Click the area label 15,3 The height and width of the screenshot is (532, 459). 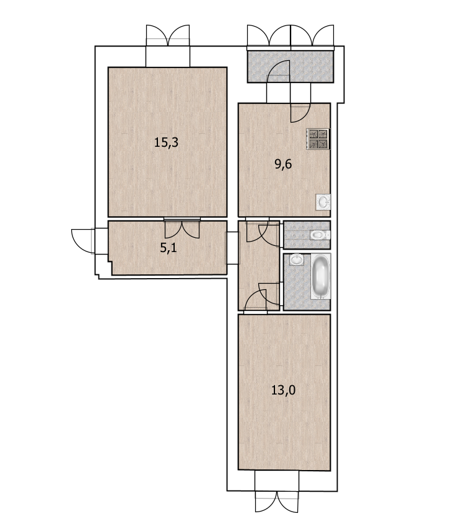166,142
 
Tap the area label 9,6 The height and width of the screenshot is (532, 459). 283,164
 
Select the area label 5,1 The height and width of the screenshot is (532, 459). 168,248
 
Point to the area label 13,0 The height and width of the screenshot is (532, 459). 283,390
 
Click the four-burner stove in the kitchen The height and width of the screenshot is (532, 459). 318,139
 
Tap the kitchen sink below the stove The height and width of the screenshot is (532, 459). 323,203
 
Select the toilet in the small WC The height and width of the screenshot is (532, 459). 320,235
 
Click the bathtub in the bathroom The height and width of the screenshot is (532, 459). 321,276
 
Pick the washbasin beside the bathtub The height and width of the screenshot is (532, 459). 297,260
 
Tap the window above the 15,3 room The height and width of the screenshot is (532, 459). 168,35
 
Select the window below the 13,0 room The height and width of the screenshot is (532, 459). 277,502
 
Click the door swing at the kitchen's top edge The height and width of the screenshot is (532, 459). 300,113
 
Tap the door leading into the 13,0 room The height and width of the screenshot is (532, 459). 255,301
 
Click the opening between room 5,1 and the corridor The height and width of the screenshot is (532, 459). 233,248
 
